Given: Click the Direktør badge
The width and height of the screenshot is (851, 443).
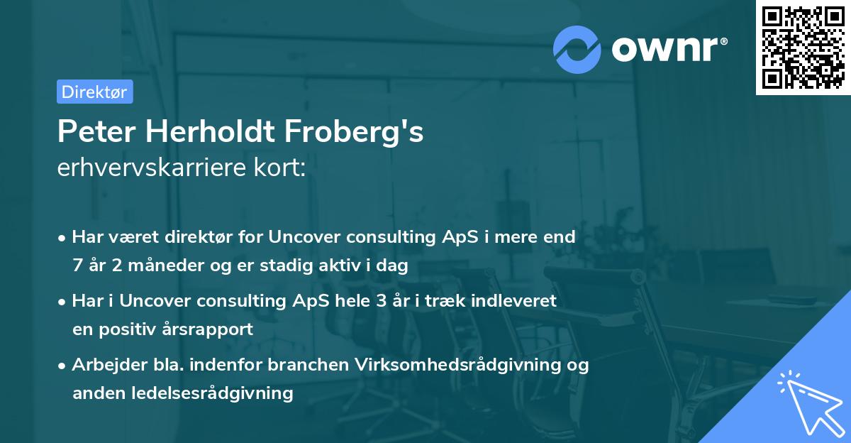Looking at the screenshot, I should (x=94, y=92).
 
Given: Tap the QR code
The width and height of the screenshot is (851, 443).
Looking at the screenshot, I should (x=803, y=48).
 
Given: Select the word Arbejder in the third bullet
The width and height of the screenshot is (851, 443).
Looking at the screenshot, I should (x=104, y=365).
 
